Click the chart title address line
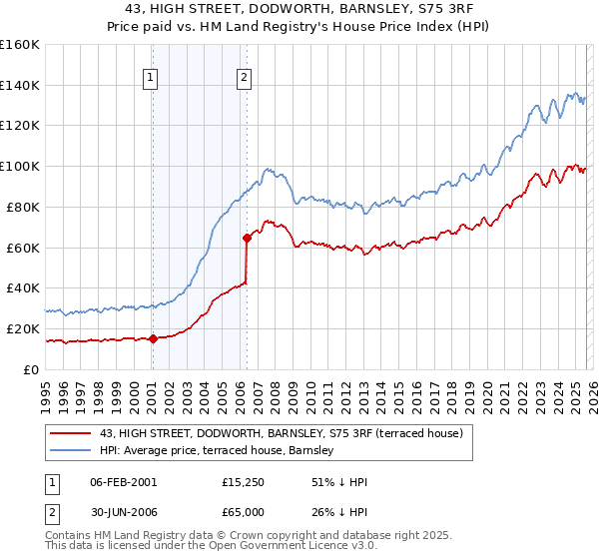click(x=299, y=9)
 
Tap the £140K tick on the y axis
click(x=20, y=86)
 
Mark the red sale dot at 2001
click(x=153, y=338)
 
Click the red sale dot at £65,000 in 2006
click(x=247, y=238)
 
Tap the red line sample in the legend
click(x=71, y=434)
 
